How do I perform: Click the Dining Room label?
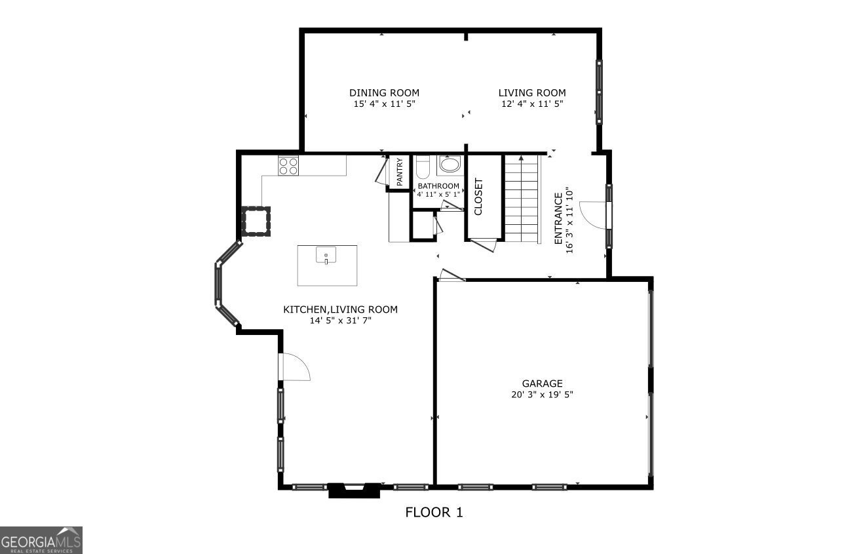[x=384, y=93]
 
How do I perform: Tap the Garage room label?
[x=542, y=384]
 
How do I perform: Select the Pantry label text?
[x=399, y=172]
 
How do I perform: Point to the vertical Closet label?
[x=478, y=197]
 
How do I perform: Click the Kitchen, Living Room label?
[x=340, y=309]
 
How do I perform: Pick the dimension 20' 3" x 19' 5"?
[x=542, y=395]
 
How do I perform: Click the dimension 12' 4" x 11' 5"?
[x=531, y=104]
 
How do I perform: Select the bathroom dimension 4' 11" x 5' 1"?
[x=438, y=194]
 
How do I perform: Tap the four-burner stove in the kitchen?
[x=288, y=165]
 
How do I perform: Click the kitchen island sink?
[x=326, y=254]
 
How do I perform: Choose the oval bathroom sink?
[x=450, y=165]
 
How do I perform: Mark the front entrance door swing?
[x=593, y=215]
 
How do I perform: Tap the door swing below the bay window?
[x=295, y=367]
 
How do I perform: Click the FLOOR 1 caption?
[x=434, y=513]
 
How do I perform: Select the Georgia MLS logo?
[x=41, y=540]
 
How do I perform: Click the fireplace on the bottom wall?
[x=354, y=490]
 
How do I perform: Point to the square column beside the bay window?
[x=255, y=220]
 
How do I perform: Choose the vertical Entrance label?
[x=564, y=222]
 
